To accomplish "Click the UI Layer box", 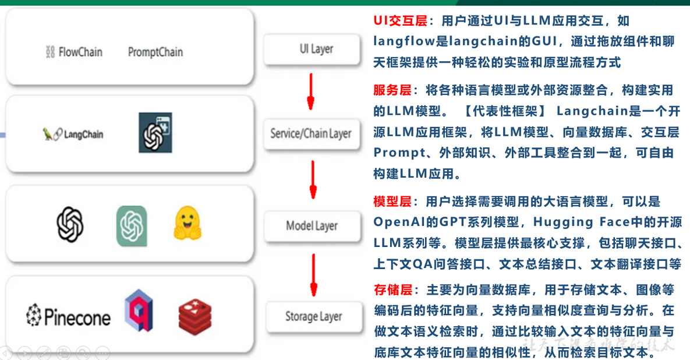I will click(316, 49).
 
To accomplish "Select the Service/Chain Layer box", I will click(311, 133).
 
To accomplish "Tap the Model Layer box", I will click(312, 226).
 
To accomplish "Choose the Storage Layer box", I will click(313, 317).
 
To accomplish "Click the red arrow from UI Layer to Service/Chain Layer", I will click(310, 91).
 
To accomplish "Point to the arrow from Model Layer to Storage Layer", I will click(314, 274).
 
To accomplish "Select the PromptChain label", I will click(155, 52).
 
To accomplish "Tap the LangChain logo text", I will click(73, 135).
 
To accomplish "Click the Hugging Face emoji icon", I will click(187, 225).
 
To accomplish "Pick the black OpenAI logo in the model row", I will click(70, 225).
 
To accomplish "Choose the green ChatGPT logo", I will click(132, 225).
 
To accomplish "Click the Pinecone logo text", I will click(68, 317).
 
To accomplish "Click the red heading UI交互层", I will click(401, 22).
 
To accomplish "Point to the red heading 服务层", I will click(392, 90).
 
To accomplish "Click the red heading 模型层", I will click(392, 202).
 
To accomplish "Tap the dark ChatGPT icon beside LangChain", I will click(155, 133).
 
